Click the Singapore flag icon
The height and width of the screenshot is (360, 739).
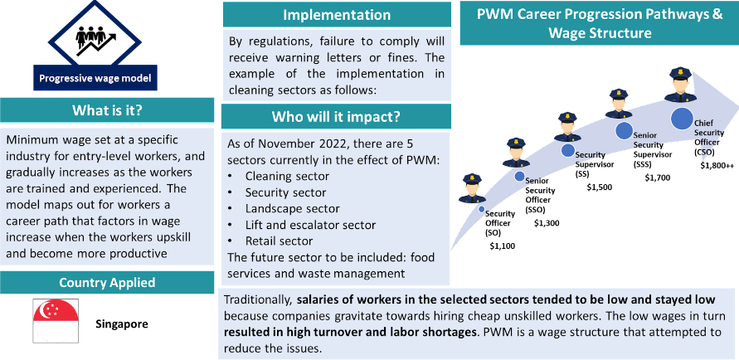55,321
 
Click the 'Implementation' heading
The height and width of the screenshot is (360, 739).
337,15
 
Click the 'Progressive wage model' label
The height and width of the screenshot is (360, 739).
95,80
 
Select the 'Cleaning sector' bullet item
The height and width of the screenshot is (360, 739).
287,176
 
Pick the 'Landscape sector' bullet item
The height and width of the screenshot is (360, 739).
292,208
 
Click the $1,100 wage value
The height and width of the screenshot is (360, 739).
502,246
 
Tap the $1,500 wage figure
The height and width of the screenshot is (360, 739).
599,187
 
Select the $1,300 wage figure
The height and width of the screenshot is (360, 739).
547,222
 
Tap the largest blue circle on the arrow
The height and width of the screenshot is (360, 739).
682,119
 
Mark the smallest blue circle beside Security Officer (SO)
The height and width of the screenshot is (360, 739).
482,209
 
